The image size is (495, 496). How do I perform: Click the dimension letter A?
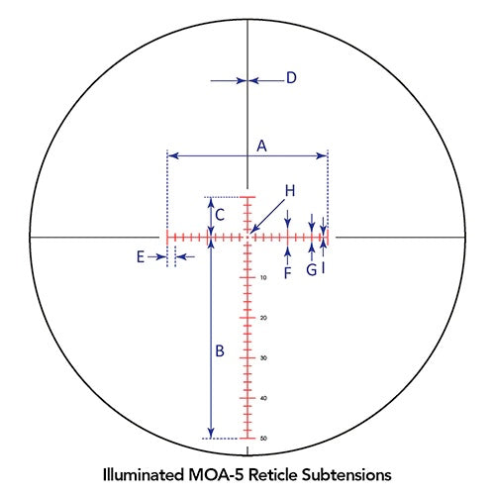pos(261,146)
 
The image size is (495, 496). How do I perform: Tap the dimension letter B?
pos(220,350)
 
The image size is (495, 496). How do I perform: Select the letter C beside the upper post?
pos(220,215)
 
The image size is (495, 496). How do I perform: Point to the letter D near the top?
pos(291,78)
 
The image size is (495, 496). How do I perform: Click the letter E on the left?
pos(141,257)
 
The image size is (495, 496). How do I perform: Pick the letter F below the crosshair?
pos(288,273)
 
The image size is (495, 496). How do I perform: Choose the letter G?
pos(312,270)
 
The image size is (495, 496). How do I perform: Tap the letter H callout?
pos(290,191)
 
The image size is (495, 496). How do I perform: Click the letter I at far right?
pos(324,268)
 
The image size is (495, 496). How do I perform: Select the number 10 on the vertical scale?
pos(263,278)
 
